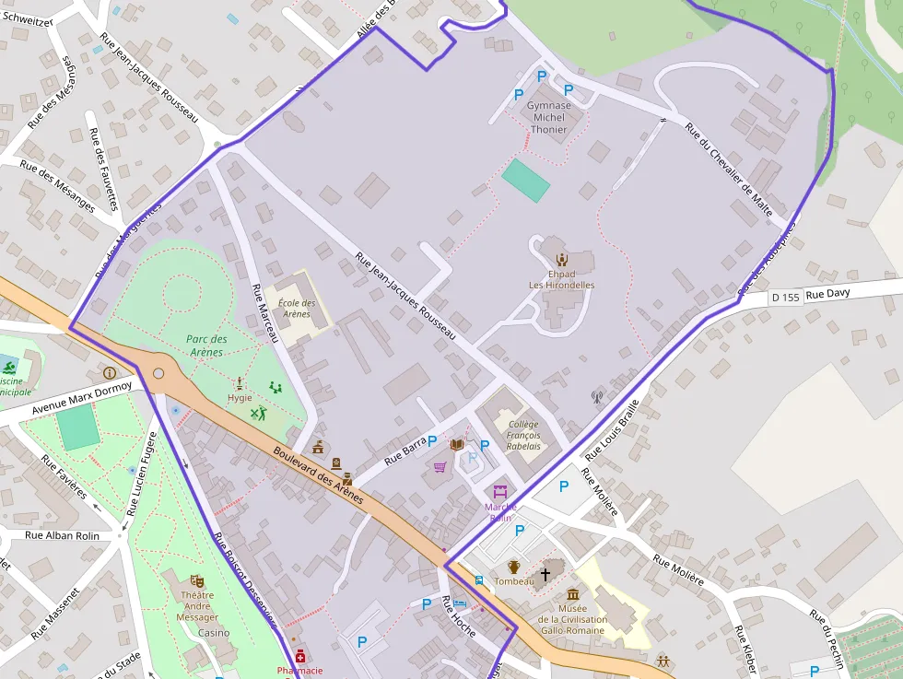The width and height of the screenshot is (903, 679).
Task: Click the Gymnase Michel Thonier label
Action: coord(548,117)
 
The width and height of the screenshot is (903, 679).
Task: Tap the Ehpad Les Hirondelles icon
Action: coord(561,259)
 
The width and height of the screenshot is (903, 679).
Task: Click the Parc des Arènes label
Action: coord(206,345)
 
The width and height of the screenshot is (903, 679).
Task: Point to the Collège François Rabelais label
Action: coord(522,435)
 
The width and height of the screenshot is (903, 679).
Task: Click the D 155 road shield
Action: coord(785,297)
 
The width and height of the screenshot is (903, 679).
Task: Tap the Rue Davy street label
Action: coord(827,293)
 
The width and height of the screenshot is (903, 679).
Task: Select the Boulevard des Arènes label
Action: coord(319,475)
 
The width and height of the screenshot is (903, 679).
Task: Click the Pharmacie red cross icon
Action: coord(300,656)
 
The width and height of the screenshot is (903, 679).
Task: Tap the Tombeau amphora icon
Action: coord(514,567)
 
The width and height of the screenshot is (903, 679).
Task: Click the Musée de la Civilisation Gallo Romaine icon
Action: coord(573,593)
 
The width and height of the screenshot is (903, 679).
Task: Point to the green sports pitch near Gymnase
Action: coord(526,180)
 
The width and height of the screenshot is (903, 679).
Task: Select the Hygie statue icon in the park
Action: coord(240,383)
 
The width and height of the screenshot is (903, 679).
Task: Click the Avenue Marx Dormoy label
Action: coord(82,395)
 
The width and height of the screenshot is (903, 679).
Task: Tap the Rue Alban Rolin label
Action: coord(61,534)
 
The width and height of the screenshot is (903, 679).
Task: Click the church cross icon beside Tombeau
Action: coord(545,574)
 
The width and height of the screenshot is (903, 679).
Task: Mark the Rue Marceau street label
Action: coord(264,313)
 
